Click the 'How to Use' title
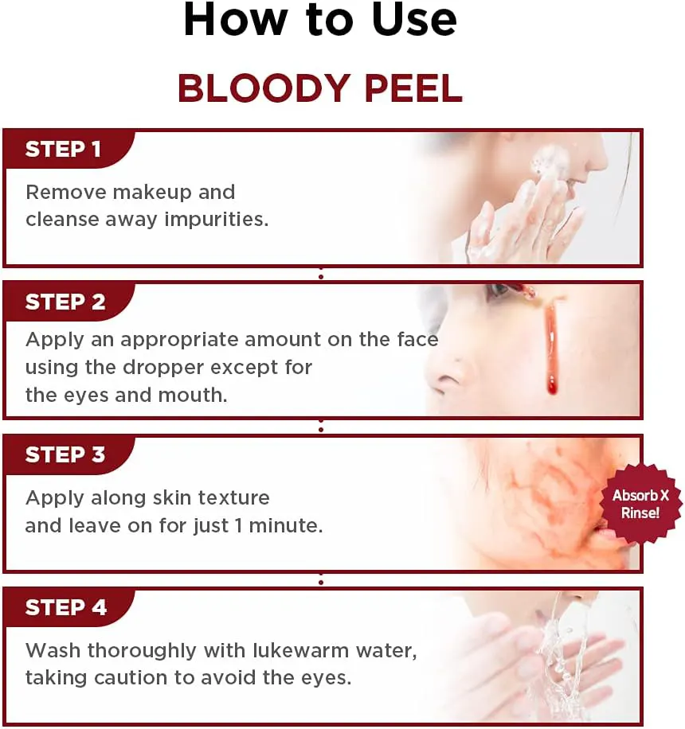(320, 21)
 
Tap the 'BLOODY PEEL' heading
(320, 88)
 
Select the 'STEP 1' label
(63, 150)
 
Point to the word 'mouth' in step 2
(195, 396)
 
